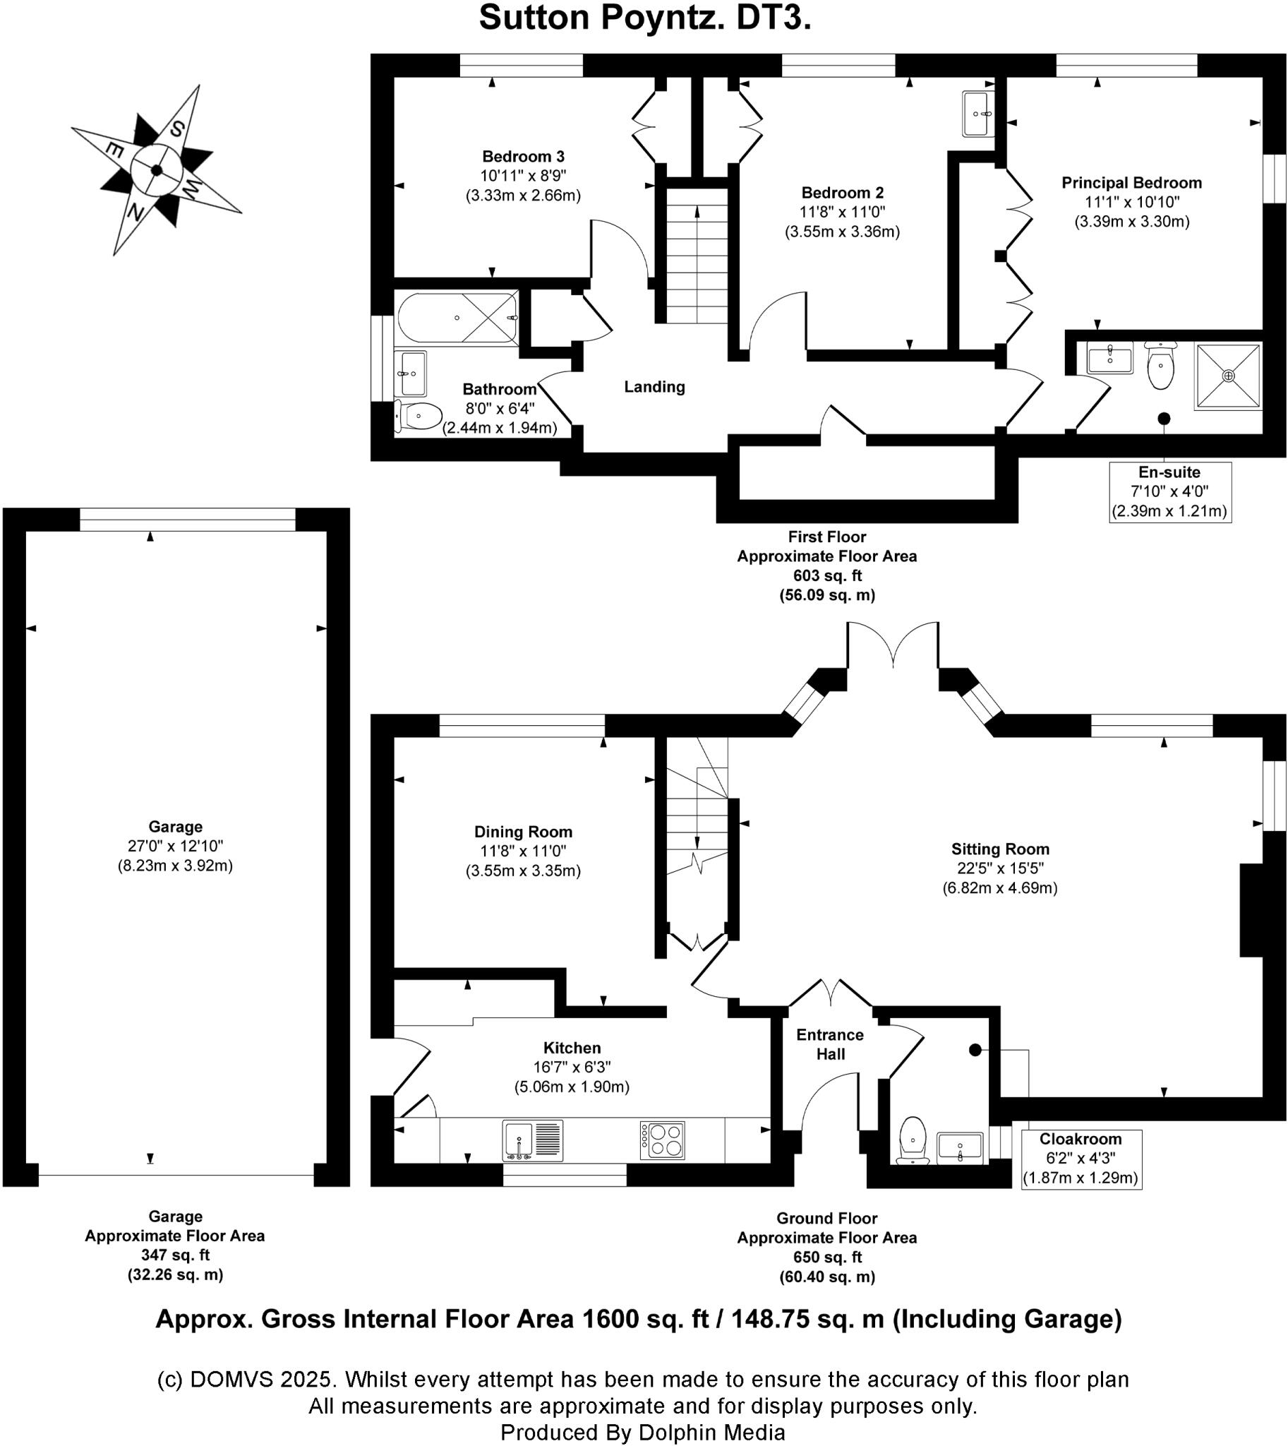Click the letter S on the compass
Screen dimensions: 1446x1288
pyautogui.click(x=177, y=129)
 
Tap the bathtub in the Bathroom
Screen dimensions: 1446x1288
pyautogui.click(x=457, y=318)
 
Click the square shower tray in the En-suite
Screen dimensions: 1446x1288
pyautogui.click(x=1228, y=376)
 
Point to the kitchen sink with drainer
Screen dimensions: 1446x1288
pyautogui.click(x=532, y=1140)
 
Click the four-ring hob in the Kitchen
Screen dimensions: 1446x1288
pyautogui.click(x=662, y=1140)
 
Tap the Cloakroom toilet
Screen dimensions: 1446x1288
pyautogui.click(x=913, y=1140)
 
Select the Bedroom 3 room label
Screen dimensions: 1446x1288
pyautogui.click(x=523, y=157)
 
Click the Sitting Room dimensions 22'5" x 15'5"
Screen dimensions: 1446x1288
pyautogui.click(x=999, y=868)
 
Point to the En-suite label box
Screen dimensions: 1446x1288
pyautogui.click(x=1169, y=491)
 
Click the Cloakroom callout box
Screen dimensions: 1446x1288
pyautogui.click(x=1081, y=1159)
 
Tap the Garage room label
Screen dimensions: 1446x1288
pyautogui.click(x=175, y=826)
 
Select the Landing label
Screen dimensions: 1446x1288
pyautogui.click(x=654, y=387)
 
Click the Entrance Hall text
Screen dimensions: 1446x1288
pyautogui.click(x=829, y=1044)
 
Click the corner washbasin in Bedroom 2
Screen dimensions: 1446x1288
pyautogui.click(x=978, y=113)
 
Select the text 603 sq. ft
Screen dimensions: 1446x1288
pyautogui.click(x=827, y=575)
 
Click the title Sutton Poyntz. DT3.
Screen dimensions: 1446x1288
pyautogui.click(x=644, y=18)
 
